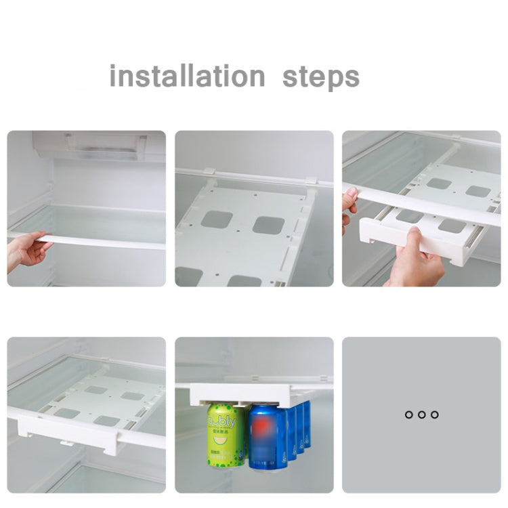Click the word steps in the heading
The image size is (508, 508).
321,77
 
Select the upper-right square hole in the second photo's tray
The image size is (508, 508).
268,225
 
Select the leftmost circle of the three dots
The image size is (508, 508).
408,415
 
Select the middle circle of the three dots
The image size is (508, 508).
421,415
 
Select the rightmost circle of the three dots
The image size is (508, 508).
434,415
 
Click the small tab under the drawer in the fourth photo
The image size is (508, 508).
66,443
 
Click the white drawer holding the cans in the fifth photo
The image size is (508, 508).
244,395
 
